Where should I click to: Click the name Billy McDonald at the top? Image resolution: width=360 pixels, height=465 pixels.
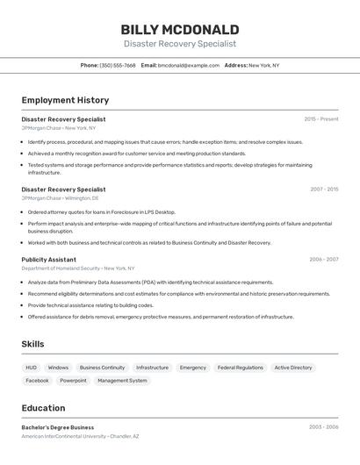pos(180,29)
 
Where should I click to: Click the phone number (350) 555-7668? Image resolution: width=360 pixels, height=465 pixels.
pos(118,65)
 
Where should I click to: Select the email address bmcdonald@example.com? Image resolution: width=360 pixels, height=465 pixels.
pos(188,65)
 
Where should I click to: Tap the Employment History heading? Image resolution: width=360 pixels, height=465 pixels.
pos(65,100)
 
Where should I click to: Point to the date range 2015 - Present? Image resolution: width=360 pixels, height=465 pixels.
pos(320,118)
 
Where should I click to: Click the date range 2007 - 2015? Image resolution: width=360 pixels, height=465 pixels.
pos(323,189)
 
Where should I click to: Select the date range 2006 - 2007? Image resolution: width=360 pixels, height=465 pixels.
pos(323,259)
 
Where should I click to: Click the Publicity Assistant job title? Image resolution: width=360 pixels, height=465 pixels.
pos(49,260)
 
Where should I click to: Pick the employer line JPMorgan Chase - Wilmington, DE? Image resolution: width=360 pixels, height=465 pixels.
pos(59,198)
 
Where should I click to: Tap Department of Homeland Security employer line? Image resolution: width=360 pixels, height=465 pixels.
pos(78,268)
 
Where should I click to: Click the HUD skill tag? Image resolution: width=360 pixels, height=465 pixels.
pos(31,368)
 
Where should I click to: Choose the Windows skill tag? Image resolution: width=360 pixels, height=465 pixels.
pos(58,368)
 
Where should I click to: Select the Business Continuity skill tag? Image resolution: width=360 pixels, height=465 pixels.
pos(102,368)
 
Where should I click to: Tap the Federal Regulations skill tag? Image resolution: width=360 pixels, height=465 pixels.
pos(240,368)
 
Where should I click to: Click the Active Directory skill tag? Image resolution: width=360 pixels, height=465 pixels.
pos(293,368)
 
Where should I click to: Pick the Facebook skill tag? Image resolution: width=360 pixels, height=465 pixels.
pos(37,381)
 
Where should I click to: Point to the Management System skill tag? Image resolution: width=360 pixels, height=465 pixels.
pos(122,381)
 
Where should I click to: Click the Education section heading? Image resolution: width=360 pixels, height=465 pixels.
pos(43,408)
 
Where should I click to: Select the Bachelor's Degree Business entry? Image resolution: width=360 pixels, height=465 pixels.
pos(58,427)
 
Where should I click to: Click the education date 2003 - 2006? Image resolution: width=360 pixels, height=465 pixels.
pos(323,427)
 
